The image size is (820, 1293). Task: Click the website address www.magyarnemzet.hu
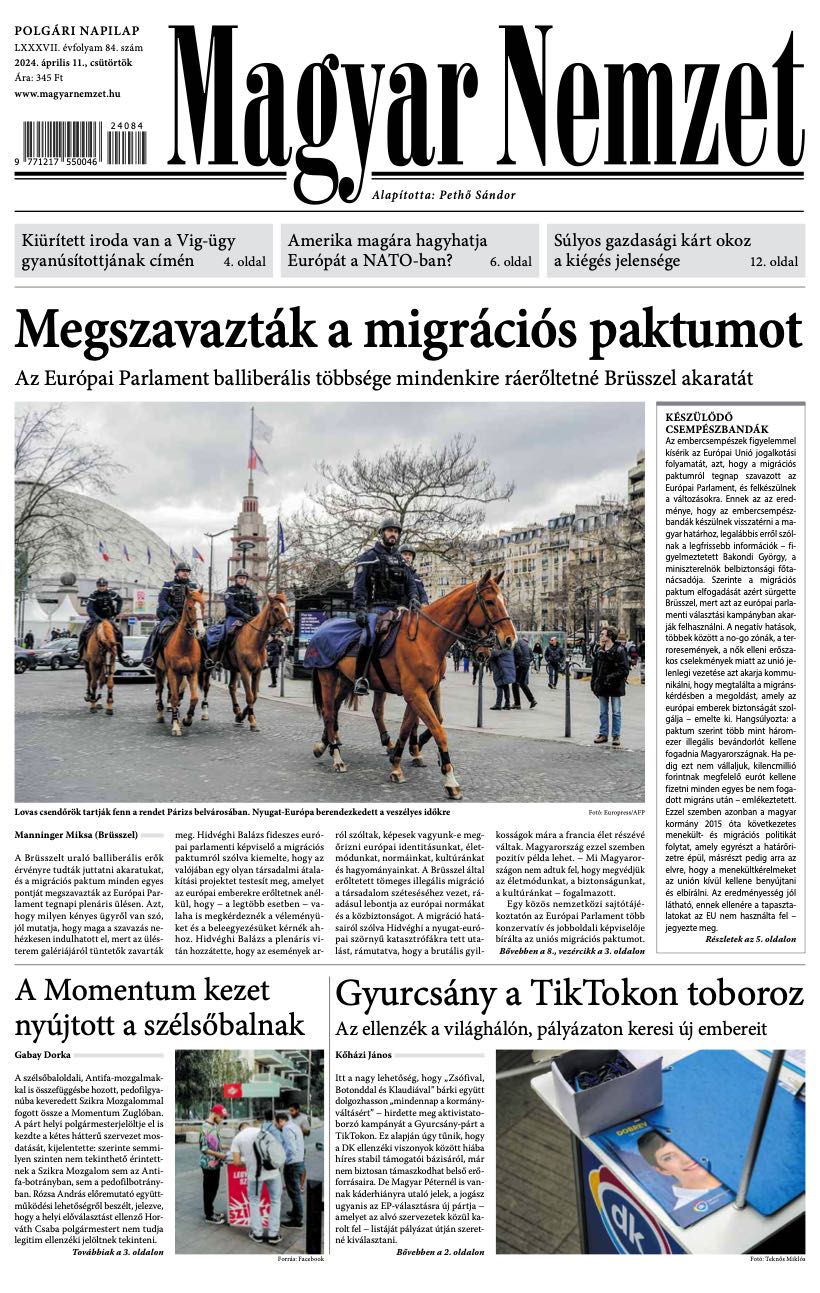[x=68, y=93]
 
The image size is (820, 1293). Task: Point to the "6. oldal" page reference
[x=510, y=263]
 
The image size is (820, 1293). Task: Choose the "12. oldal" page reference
[x=774, y=263]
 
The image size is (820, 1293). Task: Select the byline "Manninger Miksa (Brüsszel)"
[x=76, y=834]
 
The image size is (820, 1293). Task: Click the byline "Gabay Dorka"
[x=43, y=1054]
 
